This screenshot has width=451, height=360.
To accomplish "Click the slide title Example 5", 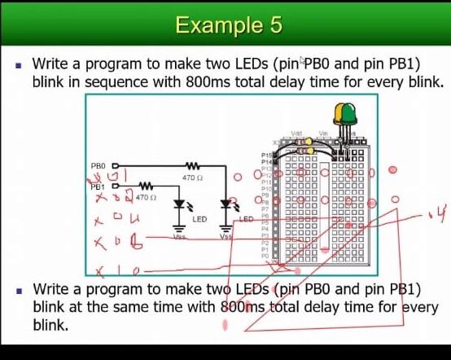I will tap(229, 24).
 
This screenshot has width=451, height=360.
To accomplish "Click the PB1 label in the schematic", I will tap(98, 186).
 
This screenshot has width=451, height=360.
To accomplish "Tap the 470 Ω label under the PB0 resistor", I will tap(193, 178).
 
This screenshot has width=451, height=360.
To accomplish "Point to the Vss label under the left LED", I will tap(179, 236).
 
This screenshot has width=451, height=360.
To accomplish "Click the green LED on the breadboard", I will tap(350, 113).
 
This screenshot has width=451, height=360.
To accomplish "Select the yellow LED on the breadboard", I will tap(339, 113).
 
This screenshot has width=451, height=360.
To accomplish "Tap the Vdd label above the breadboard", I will tap(297, 133).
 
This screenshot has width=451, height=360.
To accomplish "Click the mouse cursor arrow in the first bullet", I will tap(303, 61).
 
